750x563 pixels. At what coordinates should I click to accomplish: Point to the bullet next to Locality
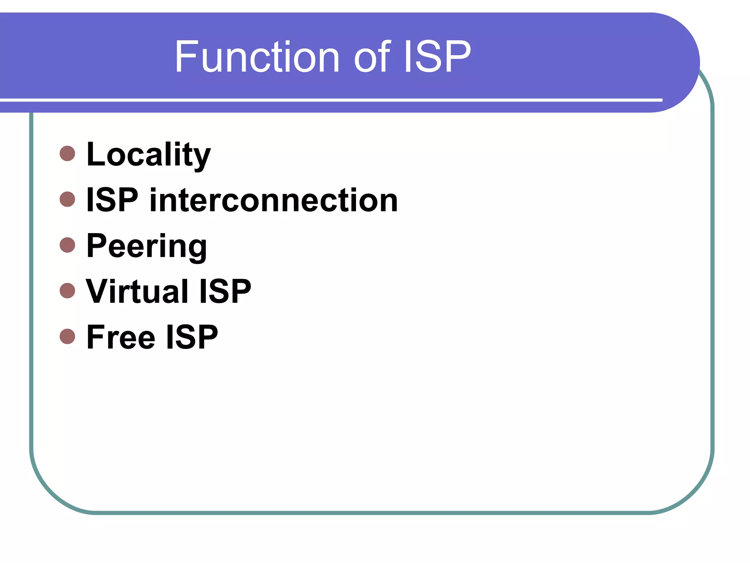click(67, 154)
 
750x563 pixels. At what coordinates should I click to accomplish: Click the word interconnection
click(274, 200)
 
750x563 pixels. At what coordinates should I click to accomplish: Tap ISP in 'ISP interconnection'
click(112, 200)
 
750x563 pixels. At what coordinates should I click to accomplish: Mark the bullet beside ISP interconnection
click(67, 199)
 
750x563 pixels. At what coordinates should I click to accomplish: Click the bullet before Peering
click(67, 245)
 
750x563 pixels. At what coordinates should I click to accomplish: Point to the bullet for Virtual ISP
click(67, 291)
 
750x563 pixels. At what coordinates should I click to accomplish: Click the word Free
click(120, 337)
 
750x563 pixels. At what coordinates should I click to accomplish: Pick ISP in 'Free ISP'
click(192, 337)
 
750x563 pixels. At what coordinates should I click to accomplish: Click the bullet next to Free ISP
click(67, 336)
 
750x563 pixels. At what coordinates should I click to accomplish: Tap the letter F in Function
click(186, 57)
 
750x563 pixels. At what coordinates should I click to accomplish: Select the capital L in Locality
click(96, 154)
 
